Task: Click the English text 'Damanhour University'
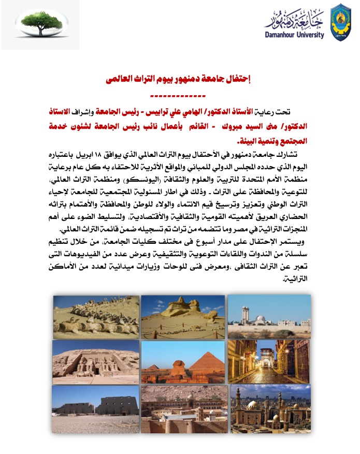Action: tap(295, 35)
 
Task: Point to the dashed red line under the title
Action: tap(178, 96)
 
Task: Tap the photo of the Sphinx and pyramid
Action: tap(183, 362)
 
